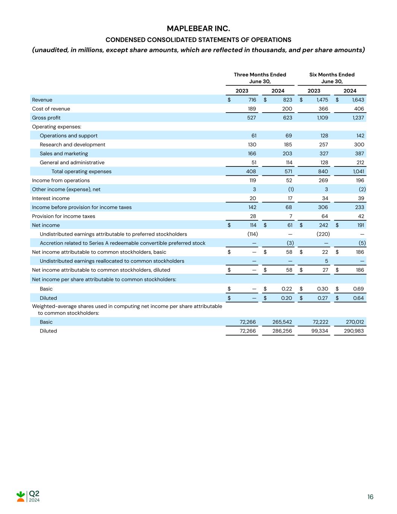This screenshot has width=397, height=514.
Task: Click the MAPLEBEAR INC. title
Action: point(198,29)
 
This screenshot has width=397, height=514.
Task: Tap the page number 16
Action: point(370,497)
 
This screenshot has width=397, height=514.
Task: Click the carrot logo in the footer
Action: point(21,496)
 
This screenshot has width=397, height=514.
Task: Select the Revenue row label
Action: point(42,100)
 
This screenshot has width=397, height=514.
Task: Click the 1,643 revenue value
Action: point(358,100)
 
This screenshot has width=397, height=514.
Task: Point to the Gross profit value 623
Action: point(287,118)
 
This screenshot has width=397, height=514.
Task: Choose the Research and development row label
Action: point(73,145)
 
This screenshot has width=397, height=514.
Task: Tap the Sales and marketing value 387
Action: point(360,154)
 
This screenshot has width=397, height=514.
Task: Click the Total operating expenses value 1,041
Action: point(358,171)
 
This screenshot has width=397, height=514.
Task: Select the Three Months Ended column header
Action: point(260,75)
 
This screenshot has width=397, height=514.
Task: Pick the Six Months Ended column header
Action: point(332,75)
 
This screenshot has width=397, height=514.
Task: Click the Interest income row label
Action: point(51,198)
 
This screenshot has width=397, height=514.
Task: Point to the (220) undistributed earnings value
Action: point(323,234)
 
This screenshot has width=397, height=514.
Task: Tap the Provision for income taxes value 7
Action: point(291,216)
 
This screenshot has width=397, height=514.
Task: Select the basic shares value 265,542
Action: point(282,322)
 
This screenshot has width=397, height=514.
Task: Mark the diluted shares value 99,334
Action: point(318,331)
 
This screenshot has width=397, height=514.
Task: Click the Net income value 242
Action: point(323,225)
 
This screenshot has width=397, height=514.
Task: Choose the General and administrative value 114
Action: point(288,163)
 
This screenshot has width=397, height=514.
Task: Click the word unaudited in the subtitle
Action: point(51,50)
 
